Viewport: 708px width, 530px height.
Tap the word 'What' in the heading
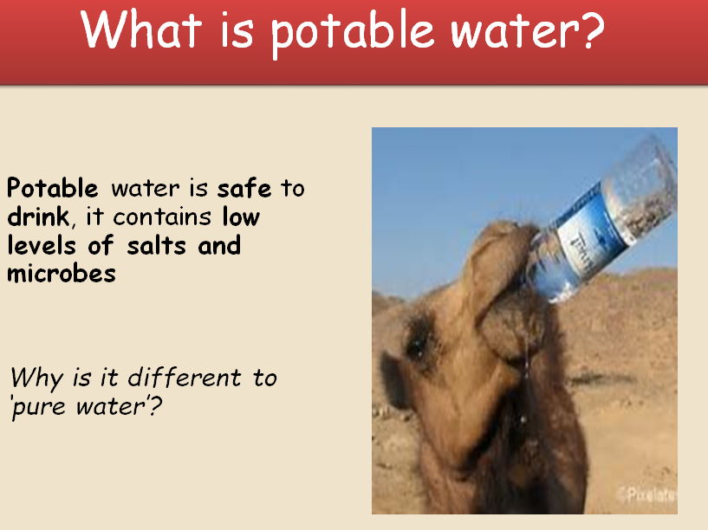point(134,31)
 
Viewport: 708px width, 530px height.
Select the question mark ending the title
point(588,31)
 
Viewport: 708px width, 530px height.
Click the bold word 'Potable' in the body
point(53,188)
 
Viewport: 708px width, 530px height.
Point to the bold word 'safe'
point(244,188)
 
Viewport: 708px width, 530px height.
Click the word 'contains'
point(164,217)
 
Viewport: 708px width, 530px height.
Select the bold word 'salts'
point(159,245)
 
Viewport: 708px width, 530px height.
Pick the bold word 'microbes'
point(61,274)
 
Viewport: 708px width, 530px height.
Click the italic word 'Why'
point(35,378)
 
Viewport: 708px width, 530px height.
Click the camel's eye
point(419,345)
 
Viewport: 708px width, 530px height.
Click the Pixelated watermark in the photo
point(647,495)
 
